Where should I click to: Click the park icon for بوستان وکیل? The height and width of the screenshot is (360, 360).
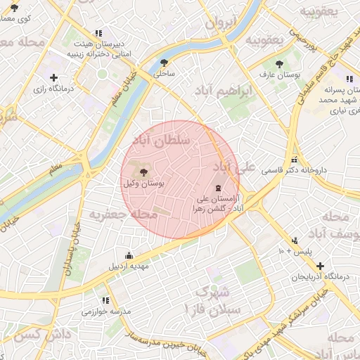coord(144,172)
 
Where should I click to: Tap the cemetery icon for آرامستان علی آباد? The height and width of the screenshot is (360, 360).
coord(217,188)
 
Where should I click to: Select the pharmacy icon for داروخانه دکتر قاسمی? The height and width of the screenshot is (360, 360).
coord(294,160)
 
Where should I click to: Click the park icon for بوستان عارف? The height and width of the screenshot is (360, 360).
coord(281,63)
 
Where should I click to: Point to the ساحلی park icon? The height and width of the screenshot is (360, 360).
coord(164,62)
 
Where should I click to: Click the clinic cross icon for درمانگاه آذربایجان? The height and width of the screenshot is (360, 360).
coord(320,266)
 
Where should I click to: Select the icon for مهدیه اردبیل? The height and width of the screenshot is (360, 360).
coord(128,256)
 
